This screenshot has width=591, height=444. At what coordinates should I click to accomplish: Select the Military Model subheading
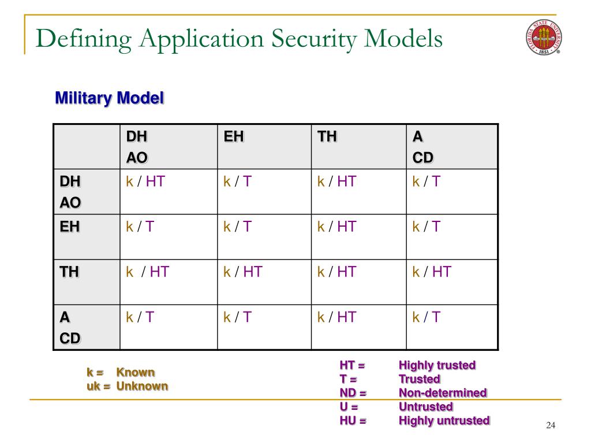(x=110, y=98)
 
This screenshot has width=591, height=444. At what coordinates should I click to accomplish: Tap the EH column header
(x=234, y=137)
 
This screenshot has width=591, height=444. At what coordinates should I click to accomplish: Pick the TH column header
(x=327, y=137)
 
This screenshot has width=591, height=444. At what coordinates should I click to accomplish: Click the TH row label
(x=70, y=272)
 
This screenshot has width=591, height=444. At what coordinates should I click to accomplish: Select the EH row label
(x=70, y=227)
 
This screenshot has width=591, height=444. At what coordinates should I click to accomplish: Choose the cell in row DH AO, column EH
(x=238, y=182)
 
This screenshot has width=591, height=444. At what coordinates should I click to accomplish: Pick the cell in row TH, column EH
(x=242, y=272)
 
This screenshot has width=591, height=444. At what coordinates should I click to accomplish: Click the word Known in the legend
(x=136, y=372)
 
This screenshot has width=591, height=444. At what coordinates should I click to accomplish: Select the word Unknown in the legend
(x=142, y=386)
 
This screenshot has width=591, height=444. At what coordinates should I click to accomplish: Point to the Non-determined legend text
(x=443, y=393)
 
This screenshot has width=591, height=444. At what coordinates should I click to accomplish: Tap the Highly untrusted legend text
(x=444, y=421)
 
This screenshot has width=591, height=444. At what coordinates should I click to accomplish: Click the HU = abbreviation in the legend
(x=353, y=421)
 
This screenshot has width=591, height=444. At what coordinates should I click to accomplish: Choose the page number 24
(x=550, y=426)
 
